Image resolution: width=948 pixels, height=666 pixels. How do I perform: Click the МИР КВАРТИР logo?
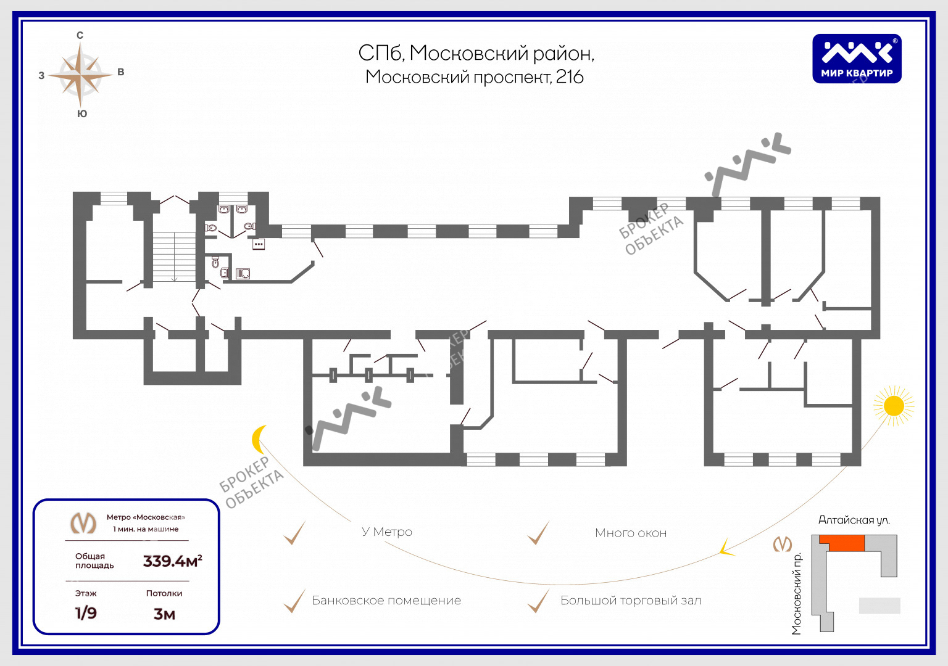pos(857,59)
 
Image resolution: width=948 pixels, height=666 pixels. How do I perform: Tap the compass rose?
pos(80,75)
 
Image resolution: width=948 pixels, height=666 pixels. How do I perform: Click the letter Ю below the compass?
pos(82,113)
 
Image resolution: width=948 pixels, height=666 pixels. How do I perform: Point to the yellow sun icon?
pos(894,406)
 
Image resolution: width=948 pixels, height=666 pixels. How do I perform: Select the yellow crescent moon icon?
pos(258,439)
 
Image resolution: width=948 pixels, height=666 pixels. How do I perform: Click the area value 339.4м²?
pos(172,561)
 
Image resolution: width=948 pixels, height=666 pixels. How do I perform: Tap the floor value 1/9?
pos(86,613)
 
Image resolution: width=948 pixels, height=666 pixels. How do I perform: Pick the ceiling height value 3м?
pos(164,614)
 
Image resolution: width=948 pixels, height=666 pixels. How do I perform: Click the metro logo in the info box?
pos(83,523)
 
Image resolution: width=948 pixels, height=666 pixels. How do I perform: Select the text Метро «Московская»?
pos(146,517)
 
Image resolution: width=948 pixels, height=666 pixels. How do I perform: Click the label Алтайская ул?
pos(854,520)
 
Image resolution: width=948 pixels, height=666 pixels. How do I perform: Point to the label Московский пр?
pos(797,593)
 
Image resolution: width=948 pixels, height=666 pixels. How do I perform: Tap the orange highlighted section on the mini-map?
pos(842,543)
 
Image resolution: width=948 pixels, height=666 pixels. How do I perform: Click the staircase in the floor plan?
pos(174,257)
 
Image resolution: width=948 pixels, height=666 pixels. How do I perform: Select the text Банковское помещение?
pos(386,601)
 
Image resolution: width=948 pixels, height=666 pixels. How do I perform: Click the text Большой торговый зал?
pos(631,601)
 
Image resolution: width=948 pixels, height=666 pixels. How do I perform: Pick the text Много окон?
pos(631,533)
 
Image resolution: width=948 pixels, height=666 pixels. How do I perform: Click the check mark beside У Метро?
pos(294,533)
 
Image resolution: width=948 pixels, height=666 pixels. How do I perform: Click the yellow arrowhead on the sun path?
pos(726,548)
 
